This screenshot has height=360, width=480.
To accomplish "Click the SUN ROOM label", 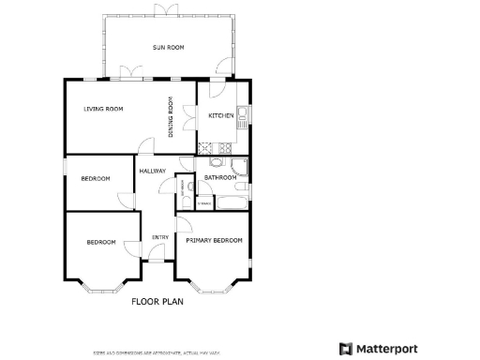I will (168, 47).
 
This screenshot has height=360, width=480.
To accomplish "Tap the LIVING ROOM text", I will (103, 110).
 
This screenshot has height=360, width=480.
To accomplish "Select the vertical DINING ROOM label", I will (171, 118).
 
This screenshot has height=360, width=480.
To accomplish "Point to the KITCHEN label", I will (220, 115).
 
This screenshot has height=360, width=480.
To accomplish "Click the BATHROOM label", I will (220, 177).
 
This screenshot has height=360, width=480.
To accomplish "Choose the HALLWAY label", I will (153, 172).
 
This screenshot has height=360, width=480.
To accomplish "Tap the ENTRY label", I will (160, 237).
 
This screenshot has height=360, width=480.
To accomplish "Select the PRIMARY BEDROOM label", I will (214, 241).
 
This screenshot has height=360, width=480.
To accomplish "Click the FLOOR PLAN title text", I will (157, 302).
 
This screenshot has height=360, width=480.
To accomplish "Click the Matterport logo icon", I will (346, 349).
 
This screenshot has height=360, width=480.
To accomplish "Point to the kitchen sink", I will (242, 118).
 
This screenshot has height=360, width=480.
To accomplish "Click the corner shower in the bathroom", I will (241, 167).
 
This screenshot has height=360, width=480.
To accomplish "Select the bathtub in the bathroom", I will (232, 202).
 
